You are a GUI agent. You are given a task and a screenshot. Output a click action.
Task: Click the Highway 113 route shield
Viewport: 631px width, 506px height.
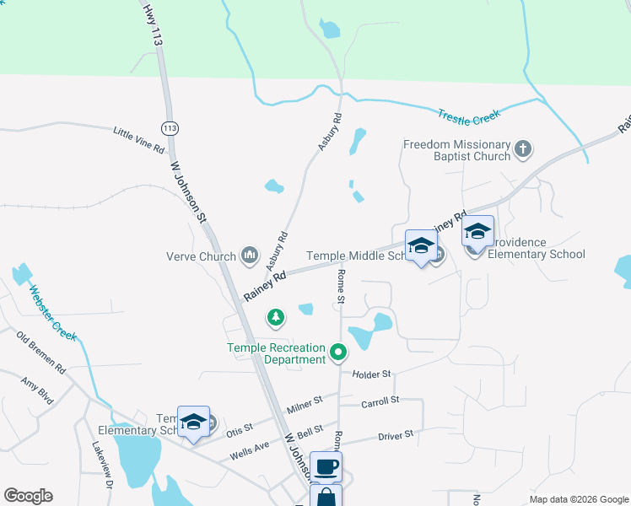coord(170,128)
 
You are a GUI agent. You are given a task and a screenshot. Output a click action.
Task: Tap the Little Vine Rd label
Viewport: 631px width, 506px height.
coord(139,139)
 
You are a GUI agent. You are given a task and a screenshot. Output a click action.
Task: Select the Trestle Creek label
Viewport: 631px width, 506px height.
coord(469,115)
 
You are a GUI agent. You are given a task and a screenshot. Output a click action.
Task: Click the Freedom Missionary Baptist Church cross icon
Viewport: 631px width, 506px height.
coord(523,150)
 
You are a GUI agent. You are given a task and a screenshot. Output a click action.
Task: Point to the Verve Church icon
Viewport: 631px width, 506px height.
coord(249,254)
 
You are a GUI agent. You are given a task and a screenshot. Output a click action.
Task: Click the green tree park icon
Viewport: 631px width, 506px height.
coord(275,318)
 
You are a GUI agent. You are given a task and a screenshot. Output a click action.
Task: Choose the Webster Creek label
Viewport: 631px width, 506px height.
coord(53,313)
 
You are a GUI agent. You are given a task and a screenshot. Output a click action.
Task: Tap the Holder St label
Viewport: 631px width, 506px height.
coord(374,374)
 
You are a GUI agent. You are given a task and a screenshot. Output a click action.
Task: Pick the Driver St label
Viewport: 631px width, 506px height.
coord(396,435)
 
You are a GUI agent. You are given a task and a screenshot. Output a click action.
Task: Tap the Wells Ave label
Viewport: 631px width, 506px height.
coord(250,450)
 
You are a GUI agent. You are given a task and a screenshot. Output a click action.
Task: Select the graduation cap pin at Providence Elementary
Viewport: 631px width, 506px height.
coord(477,232)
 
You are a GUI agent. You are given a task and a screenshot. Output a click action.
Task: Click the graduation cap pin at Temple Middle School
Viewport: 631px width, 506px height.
coord(421,246)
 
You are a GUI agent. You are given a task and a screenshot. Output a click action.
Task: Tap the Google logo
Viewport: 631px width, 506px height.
coord(28,496)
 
